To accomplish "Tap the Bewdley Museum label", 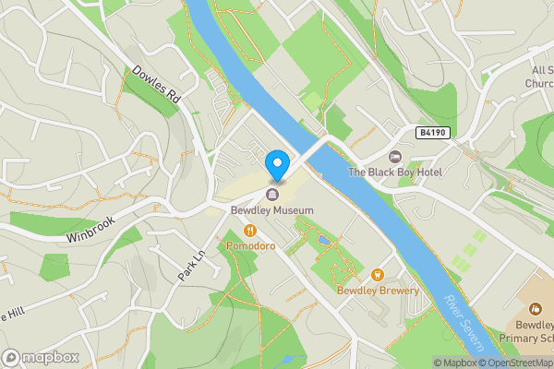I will pyautogui.click(x=272, y=211).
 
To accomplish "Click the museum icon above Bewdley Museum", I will pyautogui.click(x=272, y=195).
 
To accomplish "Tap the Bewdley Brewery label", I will pyautogui.click(x=377, y=291).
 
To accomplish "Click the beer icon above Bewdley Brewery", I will pyautogui.click(x=377, y=274).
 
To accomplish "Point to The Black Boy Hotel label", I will pyautogui.click(x=395, y=173).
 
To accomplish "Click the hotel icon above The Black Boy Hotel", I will pyautogui.click(x=395, y=157).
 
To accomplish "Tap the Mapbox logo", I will pyautogui.click(x=41, y=356).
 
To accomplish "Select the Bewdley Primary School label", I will pyautogui.click(x=528, y=332).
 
